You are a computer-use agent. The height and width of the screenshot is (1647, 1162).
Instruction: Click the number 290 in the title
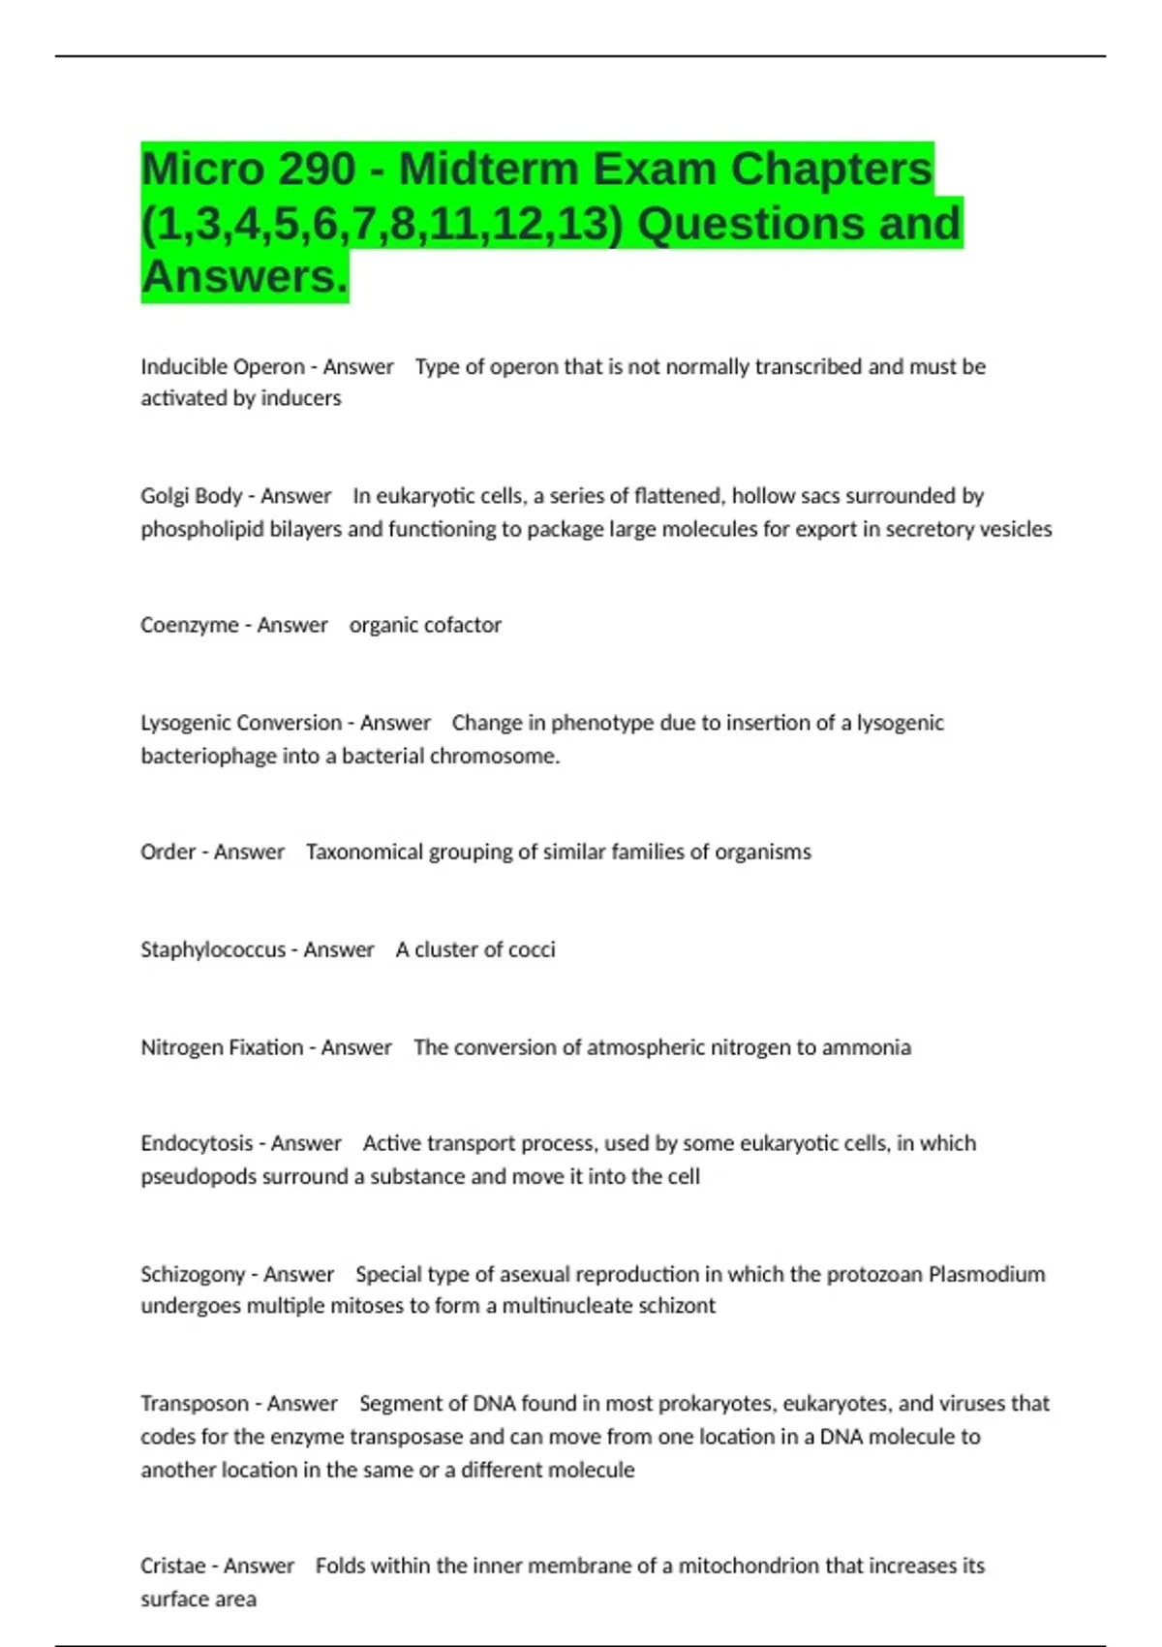[316, 170]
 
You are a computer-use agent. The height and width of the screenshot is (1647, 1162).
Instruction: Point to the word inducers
[301, 398]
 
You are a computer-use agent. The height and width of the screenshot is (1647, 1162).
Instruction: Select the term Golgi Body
[191, 496]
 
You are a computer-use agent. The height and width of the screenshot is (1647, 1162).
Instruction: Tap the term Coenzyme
[189, 625]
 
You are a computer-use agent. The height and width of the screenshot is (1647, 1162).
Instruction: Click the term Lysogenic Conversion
[241, 723]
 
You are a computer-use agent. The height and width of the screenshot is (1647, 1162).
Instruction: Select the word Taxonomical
[363, 852]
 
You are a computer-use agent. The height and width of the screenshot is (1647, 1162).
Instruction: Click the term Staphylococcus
[213, 949]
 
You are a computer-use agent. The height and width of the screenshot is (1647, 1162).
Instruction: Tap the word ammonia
[867, 1047]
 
